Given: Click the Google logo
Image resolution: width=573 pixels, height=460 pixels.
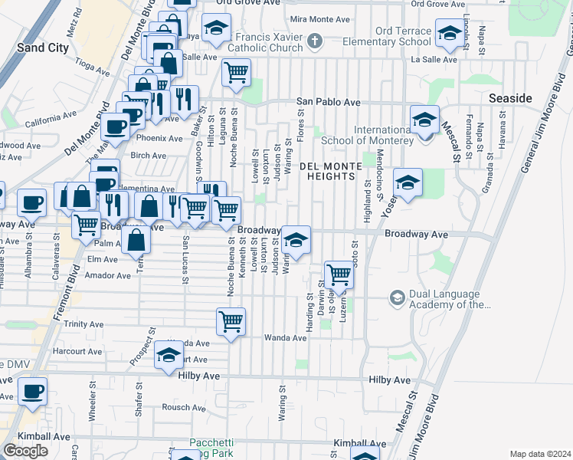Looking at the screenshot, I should click(25, 450).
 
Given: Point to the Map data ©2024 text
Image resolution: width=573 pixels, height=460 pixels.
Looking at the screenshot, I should click(540, 454).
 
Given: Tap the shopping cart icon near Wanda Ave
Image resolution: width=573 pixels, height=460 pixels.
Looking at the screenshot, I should click(231, 322).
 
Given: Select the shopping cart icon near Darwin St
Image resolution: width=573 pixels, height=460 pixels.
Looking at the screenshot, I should click(338, 274).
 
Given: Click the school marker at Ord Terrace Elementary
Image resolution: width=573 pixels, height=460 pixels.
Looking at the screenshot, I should click(448, 32).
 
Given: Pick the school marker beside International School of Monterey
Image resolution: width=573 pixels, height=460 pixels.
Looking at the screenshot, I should click(424, 120).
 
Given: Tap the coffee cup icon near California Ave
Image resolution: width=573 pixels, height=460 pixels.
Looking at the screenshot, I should click(115, 127).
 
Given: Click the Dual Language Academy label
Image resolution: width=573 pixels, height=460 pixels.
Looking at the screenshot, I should click(446, 299).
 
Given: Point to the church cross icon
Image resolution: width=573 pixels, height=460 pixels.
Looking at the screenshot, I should click(314, 40).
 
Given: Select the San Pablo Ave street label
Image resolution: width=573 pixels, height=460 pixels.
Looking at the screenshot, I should click(329, 102).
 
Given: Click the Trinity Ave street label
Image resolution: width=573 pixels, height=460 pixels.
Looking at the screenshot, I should click(84, 324).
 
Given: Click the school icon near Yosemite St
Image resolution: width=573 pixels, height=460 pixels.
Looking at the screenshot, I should click(408, 183).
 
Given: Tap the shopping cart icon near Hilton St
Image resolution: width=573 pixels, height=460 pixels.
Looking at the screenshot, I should click(236, 73).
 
